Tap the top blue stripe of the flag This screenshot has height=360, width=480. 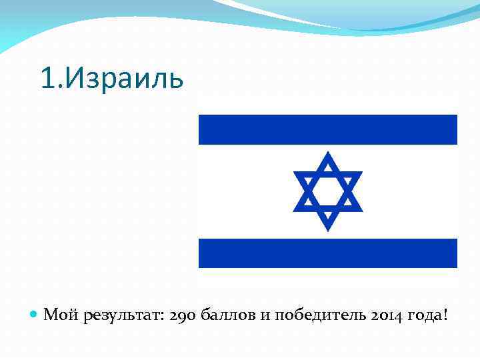pyautogui.click(x=328, y=129)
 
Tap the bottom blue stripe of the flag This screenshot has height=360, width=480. pyautogui.click(x=328, y=253)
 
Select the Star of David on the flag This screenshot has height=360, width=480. pyautogui.click(x=328, y=191)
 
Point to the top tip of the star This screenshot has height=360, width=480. pyautogui.click(x=328, y=154)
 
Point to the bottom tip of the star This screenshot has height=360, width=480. pyautogui.click(x=328, y=229)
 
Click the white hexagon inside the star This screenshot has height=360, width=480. pyautogui.click(x=328, y=191)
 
